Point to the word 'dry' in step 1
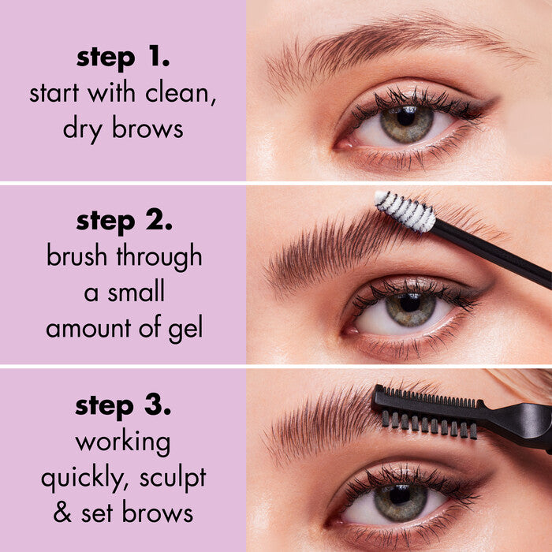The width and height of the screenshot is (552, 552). pos(85,129)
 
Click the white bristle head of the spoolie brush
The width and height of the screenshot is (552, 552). pos(405,211)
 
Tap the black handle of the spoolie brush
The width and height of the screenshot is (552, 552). pos(493,252)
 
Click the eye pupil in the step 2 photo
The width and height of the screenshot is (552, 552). pos(410,302)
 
